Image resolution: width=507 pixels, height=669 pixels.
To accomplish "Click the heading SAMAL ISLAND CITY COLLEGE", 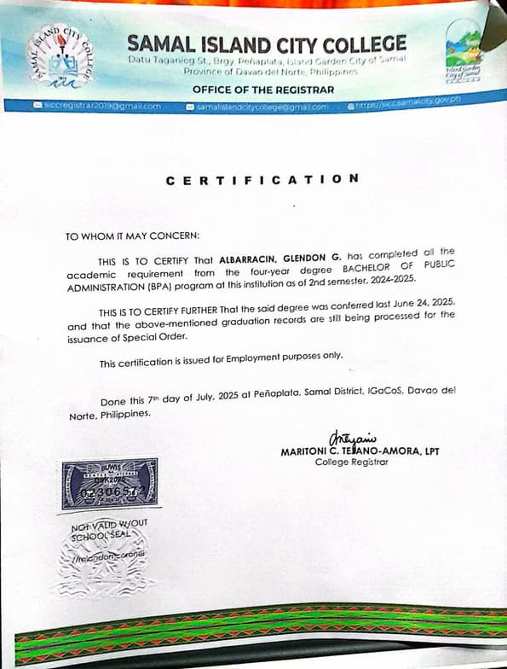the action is click(267, 44).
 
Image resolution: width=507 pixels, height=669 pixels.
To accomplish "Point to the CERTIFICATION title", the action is click(262, 180).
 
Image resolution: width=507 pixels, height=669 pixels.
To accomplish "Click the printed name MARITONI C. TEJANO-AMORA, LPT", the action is click(360, 452).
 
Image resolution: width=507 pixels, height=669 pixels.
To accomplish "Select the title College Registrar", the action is click(351, 463).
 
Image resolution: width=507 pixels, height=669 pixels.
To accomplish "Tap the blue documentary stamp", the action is click(109, 485).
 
